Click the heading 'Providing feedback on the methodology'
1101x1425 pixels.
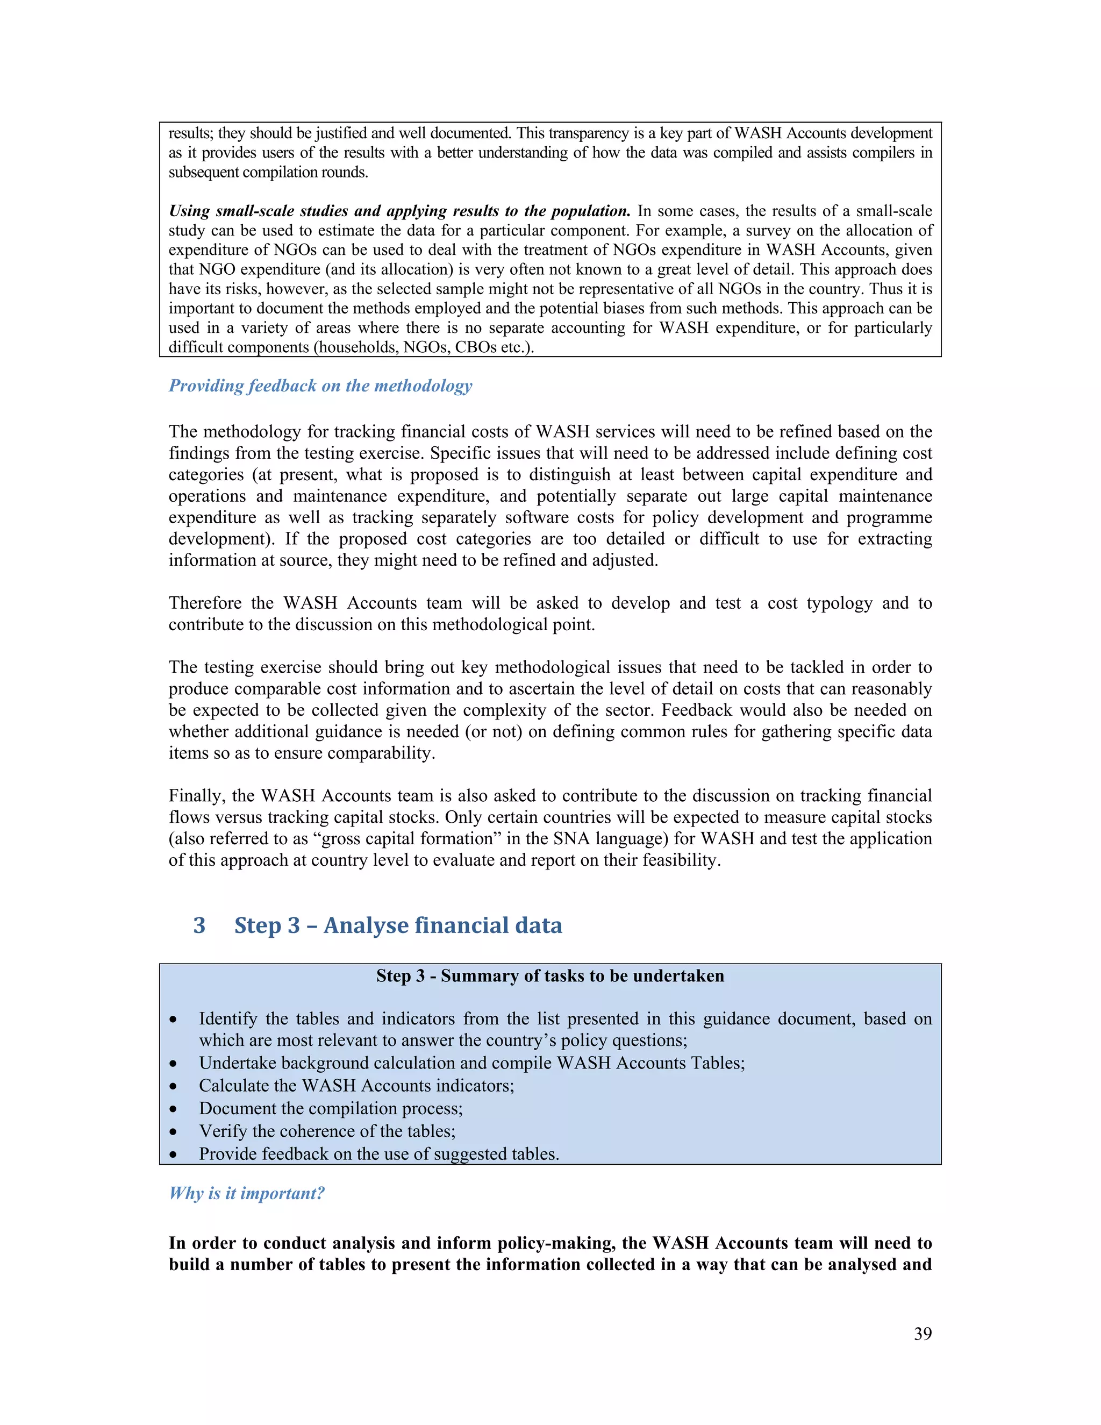coord(320,386)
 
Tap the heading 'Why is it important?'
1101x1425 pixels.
coord(247,1193)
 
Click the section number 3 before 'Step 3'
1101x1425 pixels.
coord(199,925)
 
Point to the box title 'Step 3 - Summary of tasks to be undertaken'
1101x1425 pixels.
coord(550,975)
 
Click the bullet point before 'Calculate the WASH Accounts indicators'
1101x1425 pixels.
coord(173,1086)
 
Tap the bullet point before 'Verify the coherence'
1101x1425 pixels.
coord(173,1131)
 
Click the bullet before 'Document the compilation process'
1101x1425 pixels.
coord(173,1109)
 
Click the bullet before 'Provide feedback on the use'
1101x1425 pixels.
coord(173,1154)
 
